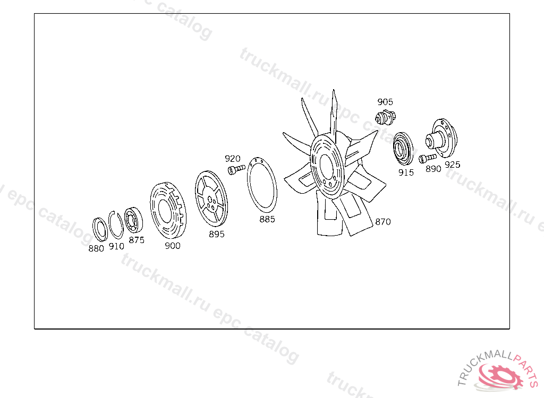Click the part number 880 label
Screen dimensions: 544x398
click(96, 248)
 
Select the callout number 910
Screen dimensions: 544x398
click(116, 246)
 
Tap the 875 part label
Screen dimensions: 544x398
click(137, 240)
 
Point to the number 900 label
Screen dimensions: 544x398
click(173, 246)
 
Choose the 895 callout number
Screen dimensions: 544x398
click(217, 234)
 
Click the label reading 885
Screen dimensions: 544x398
click(267, 219)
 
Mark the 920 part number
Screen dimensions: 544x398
click(233, 159)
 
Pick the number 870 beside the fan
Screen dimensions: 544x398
click(383, 221)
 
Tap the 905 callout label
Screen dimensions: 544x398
click(385, 101)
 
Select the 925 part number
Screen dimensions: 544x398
click(453, 165)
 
